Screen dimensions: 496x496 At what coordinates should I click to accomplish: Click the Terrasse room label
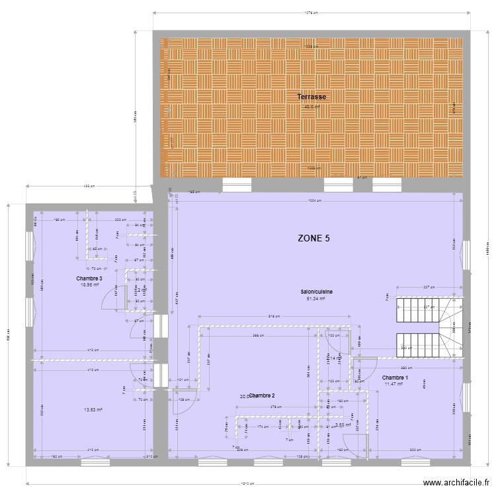pyautogui.click(x=311, y=97)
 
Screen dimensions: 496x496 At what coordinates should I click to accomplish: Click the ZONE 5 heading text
pyautogui.click(x=313, y=239)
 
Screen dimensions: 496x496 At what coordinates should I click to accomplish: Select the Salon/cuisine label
pyautogui.click(x=316, y=292)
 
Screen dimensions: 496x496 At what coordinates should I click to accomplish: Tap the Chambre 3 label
pyautogui.click(x=89, y=279)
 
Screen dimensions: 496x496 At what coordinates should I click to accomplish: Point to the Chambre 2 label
pyautogui.click(x=262, y=395)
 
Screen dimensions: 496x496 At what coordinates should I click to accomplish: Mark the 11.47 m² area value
pyautogui.click(x=394, y=384)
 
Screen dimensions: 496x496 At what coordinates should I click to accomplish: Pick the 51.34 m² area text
pyautogui.click(x=316, y=298)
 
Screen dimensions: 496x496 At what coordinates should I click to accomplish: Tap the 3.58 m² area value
pyautogui.click(x=343, y=425)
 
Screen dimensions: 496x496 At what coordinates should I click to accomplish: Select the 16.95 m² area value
pyautogui.click(x=89, y=285)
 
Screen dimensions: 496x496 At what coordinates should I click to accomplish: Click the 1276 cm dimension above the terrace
pyautogui.click(x=311, y=12)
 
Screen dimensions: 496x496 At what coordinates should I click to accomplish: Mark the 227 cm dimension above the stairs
pyautogui.click(x=428, y=287)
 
